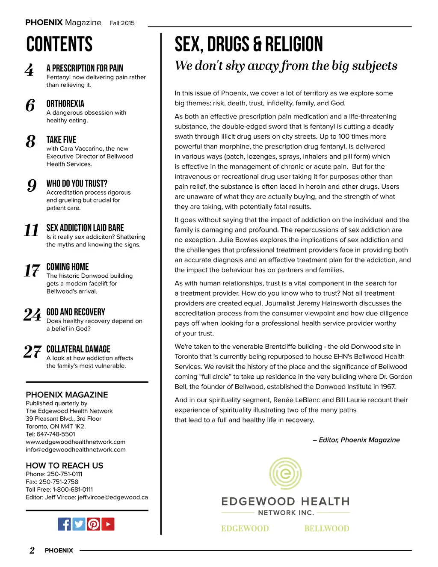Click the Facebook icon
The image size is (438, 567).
coord(64,524)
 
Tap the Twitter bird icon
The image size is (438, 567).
coord(79,524)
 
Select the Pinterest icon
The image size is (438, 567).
coord(93,524)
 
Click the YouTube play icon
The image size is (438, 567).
coord(108,524)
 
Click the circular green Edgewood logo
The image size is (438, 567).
coord(285,474)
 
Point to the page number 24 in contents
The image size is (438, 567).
coord(33,315)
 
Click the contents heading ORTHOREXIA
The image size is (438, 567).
coord(65,104)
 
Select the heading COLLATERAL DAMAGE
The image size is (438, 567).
coord(78,349)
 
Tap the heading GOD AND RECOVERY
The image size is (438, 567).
coord(76,312)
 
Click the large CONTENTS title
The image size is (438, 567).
coord(59,45)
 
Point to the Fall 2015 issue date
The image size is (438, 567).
coord(122,23)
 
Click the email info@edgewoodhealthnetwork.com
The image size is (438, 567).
coord(76,450)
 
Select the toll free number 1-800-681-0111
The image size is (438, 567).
coord(73,490)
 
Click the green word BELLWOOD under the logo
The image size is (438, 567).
coord(327,528)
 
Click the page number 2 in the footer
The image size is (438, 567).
coord(32,550)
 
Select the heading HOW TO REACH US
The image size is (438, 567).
coord(65,466)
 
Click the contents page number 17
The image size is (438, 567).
coord(32,270)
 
